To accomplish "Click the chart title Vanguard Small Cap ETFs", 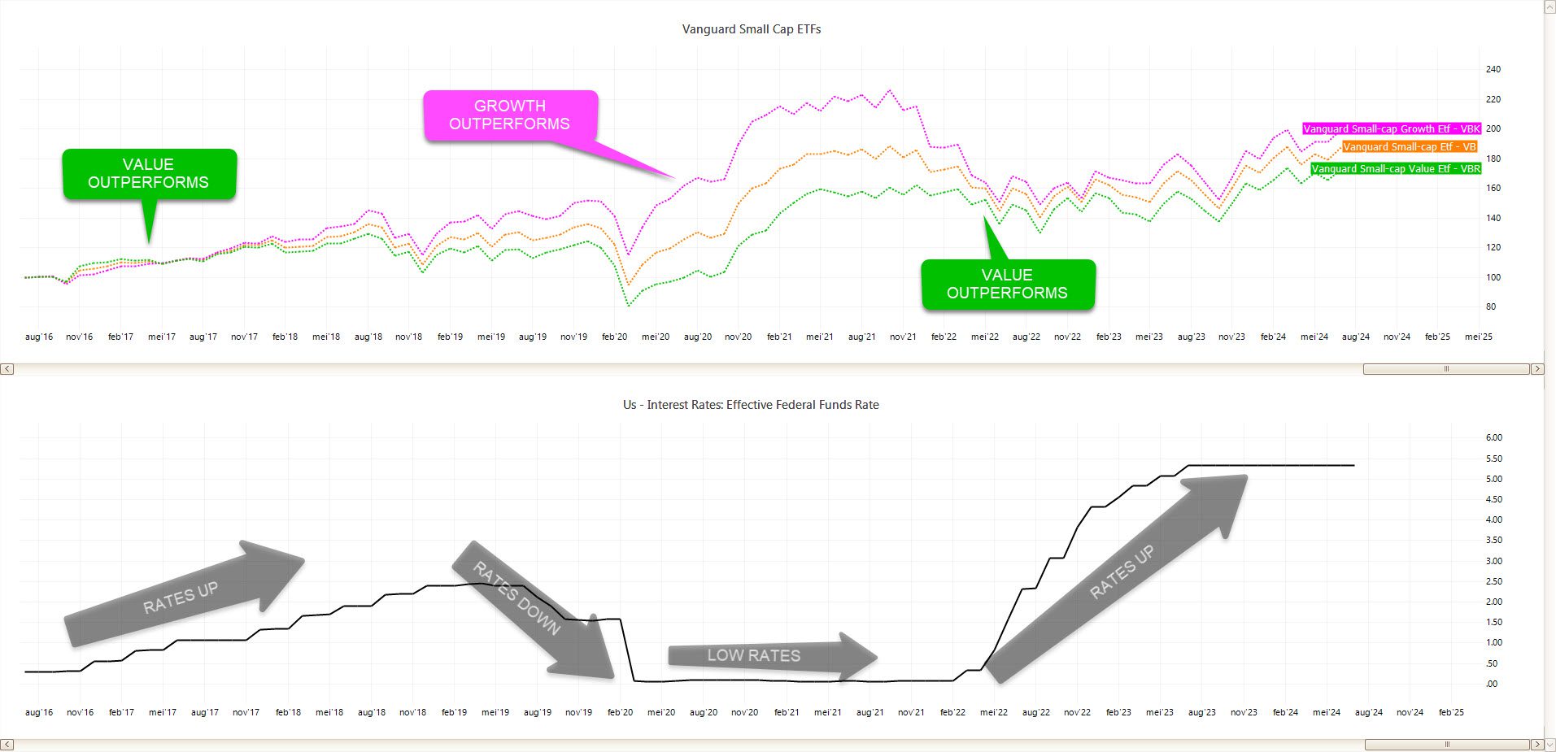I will (x=751, y=29).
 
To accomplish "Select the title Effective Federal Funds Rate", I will (x=751, y=405).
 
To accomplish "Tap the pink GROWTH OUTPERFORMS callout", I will (x=511, y=115).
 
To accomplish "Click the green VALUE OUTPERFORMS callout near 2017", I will (x=149, y=174).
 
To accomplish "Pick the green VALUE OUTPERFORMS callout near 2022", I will (x=1008, y=285).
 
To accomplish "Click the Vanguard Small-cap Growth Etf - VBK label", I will (x=1391, y=128).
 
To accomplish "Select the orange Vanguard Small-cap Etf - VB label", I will (x=1409, y=147).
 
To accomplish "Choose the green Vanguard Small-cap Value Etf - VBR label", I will (x=1395, y=169).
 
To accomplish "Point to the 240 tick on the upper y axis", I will (x=1493, y=70).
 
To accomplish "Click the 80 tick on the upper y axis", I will (x=1490, y=307).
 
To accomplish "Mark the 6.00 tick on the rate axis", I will (x=1493, y=438).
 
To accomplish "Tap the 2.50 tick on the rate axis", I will (x=1493, y=581).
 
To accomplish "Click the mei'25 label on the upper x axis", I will (x=1479, y=337).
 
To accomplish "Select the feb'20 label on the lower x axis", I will (x=620, y=712).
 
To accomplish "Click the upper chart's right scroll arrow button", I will (x=1537, y=369).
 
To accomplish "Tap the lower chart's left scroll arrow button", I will (x=7, y=745).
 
